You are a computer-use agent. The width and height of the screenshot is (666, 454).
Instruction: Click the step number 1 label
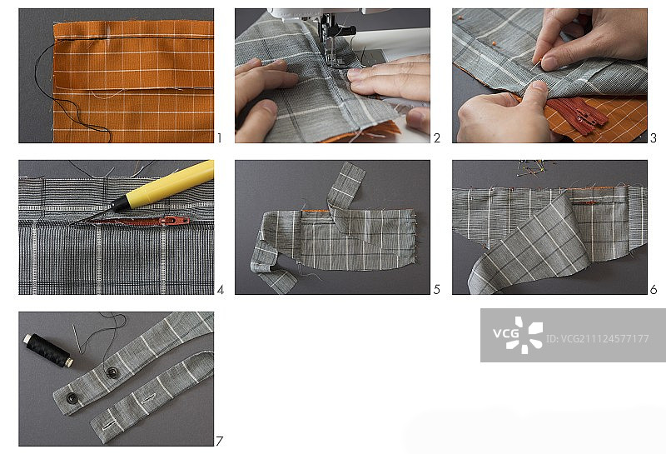[219, 138]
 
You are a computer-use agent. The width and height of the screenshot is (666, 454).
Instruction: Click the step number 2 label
[437, 138]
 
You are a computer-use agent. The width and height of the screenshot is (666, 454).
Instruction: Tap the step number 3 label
[654, 138]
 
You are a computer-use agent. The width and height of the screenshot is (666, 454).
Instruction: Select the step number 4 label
[221, 290]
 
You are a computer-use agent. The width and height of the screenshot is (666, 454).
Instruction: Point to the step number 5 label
[437, 290]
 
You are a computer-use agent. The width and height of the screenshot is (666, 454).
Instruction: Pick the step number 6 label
[654, 290]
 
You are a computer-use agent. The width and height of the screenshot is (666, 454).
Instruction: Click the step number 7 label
[219, 442]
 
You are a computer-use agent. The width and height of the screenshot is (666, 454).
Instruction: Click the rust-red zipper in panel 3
[578, 115]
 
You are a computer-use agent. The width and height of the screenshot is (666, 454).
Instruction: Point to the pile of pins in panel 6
[536, 167]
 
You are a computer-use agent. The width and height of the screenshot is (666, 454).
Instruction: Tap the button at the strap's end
[72, 398]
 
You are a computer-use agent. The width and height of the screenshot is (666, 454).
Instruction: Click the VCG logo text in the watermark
[506, 333]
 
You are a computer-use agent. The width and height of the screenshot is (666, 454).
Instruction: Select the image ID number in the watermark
[597, 339]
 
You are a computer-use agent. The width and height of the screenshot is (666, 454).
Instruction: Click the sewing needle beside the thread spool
[77, 339]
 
